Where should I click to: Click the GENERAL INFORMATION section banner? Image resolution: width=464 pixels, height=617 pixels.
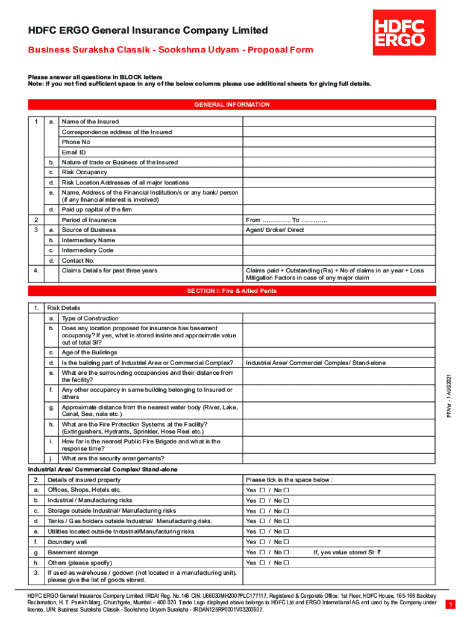[232, 105]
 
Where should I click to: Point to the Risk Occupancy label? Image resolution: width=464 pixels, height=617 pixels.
[84, 172]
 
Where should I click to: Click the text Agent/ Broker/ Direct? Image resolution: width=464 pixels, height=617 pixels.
[275, 230]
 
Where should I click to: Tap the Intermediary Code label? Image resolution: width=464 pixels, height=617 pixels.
[88, 250]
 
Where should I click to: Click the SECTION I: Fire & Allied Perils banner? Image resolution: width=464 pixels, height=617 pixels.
[232, 291]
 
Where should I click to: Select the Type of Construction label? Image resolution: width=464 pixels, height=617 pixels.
[90, 318]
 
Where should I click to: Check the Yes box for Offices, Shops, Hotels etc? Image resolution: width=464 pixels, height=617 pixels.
[263, 490]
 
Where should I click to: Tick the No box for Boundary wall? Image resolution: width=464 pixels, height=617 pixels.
[286, 542]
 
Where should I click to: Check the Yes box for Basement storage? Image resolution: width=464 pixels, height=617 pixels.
[263, 552]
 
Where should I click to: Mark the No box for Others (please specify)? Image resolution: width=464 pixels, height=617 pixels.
[286, 563]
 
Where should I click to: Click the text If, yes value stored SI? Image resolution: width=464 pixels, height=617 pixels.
[347, 552]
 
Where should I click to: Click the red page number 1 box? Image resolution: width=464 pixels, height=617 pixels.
[450, 604]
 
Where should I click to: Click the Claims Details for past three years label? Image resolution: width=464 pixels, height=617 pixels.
[109, 271]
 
